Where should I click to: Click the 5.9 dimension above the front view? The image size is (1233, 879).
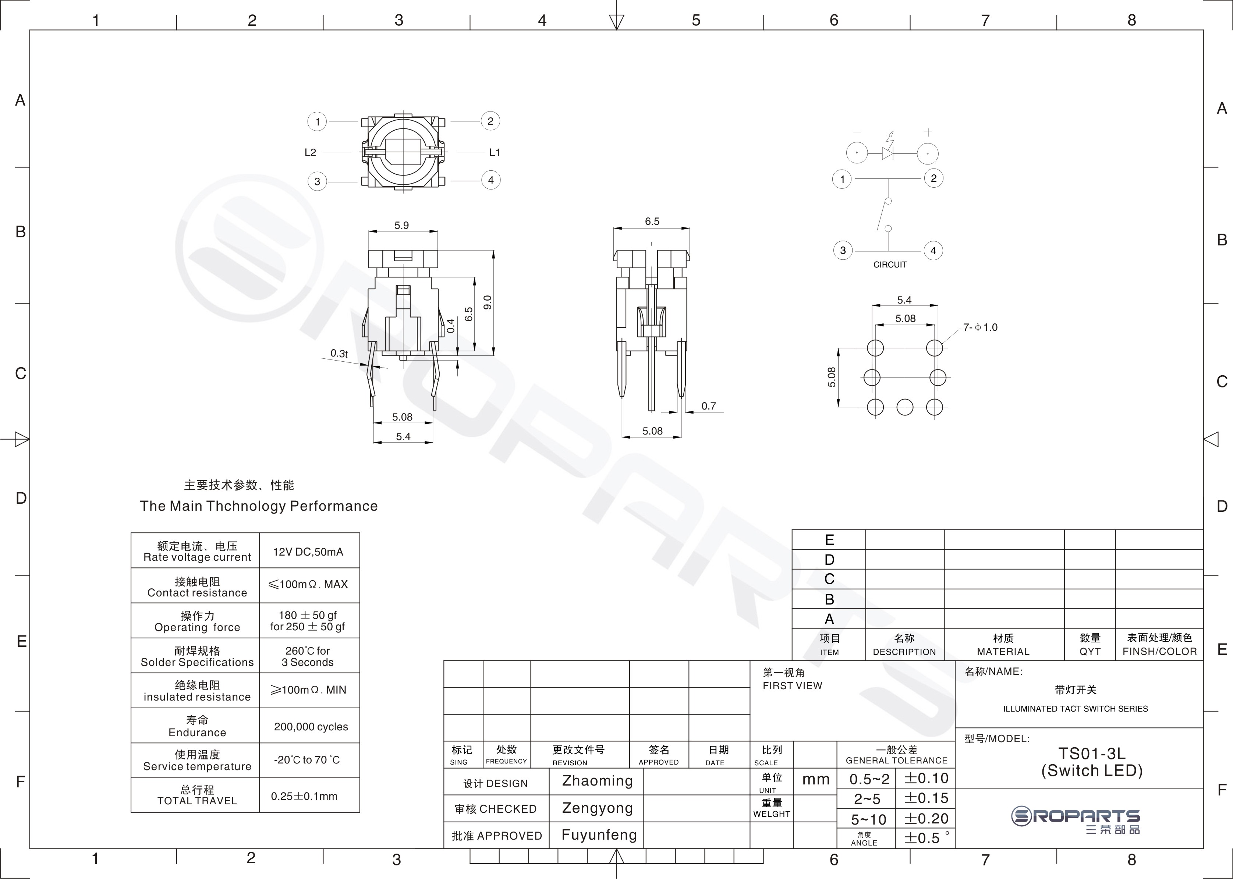(x=402, y=225)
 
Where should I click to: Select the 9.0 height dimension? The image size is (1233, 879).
(x=487, y=302)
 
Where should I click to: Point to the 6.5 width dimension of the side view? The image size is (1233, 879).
(x=652, y=221)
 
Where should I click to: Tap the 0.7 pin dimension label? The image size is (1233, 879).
(x=709, y=406)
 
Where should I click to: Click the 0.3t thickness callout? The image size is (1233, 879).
(x=339, y=354)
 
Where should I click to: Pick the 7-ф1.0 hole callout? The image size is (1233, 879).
(x=980, y=327)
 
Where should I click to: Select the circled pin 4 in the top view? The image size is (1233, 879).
(x=491, y=180)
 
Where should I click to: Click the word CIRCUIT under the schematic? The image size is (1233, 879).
(x=890, y=265)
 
